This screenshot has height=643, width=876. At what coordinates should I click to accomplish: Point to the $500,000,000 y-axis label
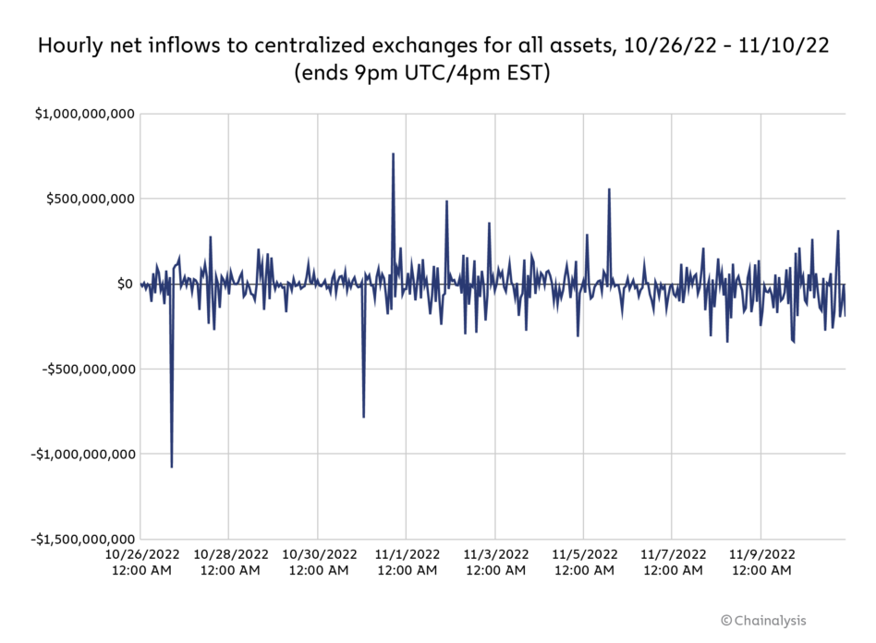point(89,199)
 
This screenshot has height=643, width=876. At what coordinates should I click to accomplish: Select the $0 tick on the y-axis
point(125,284)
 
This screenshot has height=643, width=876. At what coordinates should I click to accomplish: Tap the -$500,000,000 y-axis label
point(86,369)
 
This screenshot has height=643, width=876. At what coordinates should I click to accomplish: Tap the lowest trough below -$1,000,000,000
point(172,467)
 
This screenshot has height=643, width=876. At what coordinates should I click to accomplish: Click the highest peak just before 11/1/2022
point(393,154)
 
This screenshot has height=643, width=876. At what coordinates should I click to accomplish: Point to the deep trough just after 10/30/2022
point(363,417)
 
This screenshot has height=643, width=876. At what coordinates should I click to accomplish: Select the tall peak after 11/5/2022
point(609,189)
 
